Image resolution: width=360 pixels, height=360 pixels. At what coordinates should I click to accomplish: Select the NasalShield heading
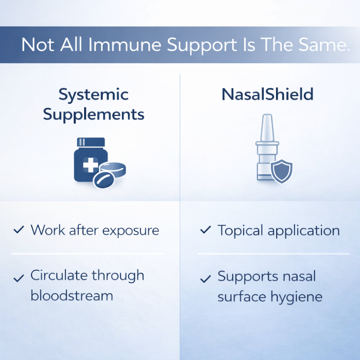[267, 95]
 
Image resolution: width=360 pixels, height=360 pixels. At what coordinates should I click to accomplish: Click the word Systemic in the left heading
[94, 95]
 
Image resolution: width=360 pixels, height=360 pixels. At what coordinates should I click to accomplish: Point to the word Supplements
[94, 115]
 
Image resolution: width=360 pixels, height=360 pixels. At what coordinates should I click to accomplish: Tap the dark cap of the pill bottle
[91, 142]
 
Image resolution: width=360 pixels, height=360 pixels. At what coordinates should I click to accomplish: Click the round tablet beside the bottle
[113, 168]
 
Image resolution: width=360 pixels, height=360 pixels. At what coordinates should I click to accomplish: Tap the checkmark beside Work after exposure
[18, 230]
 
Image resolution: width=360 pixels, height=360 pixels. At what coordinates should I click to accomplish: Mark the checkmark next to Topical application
[205, 231]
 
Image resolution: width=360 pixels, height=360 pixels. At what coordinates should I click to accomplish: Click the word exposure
[131, 231]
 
